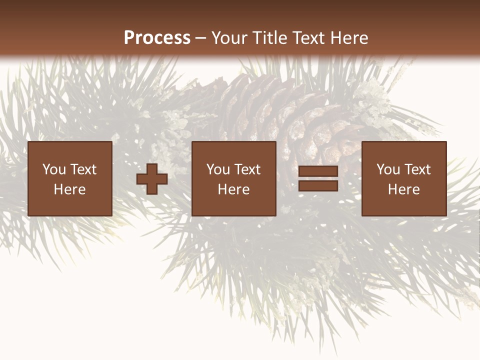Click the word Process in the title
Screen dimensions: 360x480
[157, 38]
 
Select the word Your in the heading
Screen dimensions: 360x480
[229, 38]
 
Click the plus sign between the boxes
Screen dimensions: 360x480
[152, 179]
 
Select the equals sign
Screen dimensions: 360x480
[318, 179]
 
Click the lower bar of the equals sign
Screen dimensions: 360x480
[318, 186]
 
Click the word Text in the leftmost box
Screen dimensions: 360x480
[83, 169]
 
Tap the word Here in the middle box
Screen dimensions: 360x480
[233, 189]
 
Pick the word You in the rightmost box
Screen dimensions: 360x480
[388, 169]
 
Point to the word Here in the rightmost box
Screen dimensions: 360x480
[403, 189]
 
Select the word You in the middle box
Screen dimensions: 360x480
[218, 169]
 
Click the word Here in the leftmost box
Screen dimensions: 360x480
[69, 189]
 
